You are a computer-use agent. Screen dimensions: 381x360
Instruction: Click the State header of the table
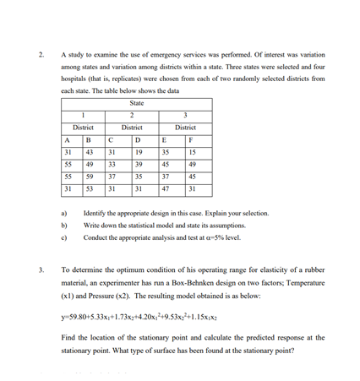137,103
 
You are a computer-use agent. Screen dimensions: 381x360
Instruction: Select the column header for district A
67,139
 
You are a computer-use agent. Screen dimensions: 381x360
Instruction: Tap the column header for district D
138,139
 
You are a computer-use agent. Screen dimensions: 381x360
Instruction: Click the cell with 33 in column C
112,163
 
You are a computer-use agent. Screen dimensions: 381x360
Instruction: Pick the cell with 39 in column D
139,163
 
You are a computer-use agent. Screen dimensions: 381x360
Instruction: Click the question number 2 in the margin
41,55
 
